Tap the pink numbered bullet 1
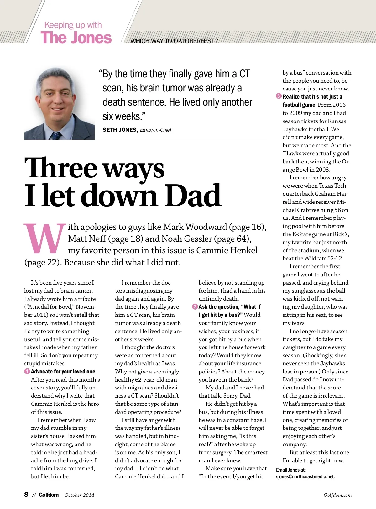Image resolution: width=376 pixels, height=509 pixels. [x=27, y=371]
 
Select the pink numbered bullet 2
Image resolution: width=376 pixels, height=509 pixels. [x=195, y=307]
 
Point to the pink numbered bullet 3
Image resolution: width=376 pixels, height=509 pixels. [x=279, y=96]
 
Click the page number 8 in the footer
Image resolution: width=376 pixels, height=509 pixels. [x=26, y=495]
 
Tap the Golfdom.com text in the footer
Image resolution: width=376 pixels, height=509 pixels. [x=337, y=495]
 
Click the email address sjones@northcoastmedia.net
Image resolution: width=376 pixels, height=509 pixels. [x=305, y=477]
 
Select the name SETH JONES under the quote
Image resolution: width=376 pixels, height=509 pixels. [x=119, y=130]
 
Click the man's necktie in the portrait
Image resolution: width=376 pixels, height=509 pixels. [x=56, y=135]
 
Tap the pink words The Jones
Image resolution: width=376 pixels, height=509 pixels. [x=76, y=38]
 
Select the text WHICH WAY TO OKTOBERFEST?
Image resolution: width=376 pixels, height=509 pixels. [x=174, y=41]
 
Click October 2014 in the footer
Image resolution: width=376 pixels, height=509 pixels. [x=79, y=495]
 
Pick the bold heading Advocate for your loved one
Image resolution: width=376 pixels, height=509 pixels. [x=64, y=372]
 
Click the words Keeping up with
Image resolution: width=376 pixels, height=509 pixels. [x=73, y=25]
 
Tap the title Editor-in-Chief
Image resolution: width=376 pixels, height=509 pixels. [x=156, y=130]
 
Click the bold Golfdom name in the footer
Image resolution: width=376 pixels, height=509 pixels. [x=49, y=495]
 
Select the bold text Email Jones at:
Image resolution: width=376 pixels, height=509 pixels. [x=291, y=470]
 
